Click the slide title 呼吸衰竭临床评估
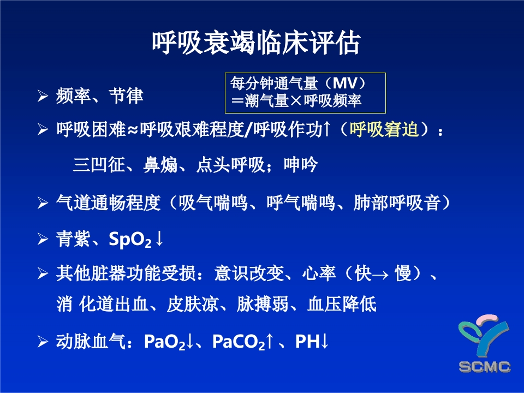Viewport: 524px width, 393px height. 255,43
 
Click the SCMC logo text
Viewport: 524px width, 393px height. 485,366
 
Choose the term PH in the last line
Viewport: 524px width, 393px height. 307,342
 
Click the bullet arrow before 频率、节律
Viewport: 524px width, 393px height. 43,97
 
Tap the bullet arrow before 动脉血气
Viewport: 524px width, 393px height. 43,342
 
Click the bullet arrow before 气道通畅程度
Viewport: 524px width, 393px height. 43,204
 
